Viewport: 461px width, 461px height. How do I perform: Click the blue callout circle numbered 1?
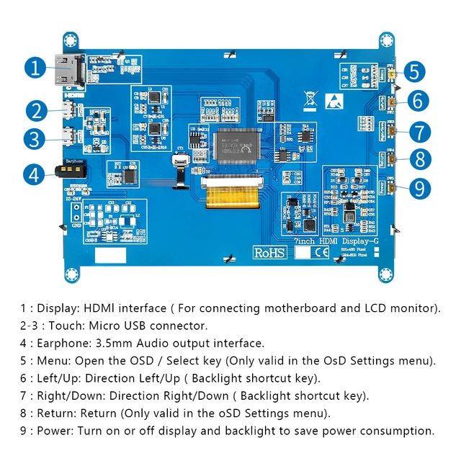(35, 68)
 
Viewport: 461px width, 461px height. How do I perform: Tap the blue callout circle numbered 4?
(35, 174)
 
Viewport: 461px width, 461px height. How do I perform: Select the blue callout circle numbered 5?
(415, 72)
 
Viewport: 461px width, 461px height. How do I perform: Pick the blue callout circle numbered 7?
(420, 133)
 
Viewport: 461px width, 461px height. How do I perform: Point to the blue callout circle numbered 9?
(419, 189)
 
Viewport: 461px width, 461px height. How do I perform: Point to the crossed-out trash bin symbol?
(310, 99)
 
